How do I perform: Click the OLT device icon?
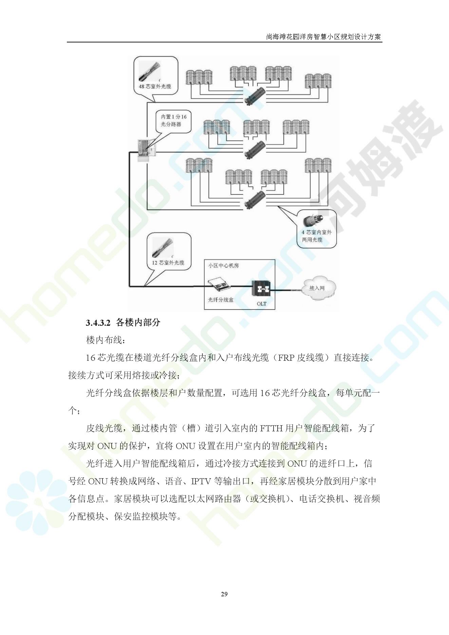(x=261, y=289)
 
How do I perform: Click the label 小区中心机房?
(x=223, y=265)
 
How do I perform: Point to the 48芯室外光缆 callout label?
(x=155, y=87)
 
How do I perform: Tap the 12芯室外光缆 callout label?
(x=168, y=263)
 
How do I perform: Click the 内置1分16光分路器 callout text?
(x=173, y=120)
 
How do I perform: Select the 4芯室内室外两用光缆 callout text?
(x=316, y=236)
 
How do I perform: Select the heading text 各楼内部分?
(x=138, y=322)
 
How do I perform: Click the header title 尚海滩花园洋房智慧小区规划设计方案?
(x=323, y=37)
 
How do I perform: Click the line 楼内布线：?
(x=104, y=340)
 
